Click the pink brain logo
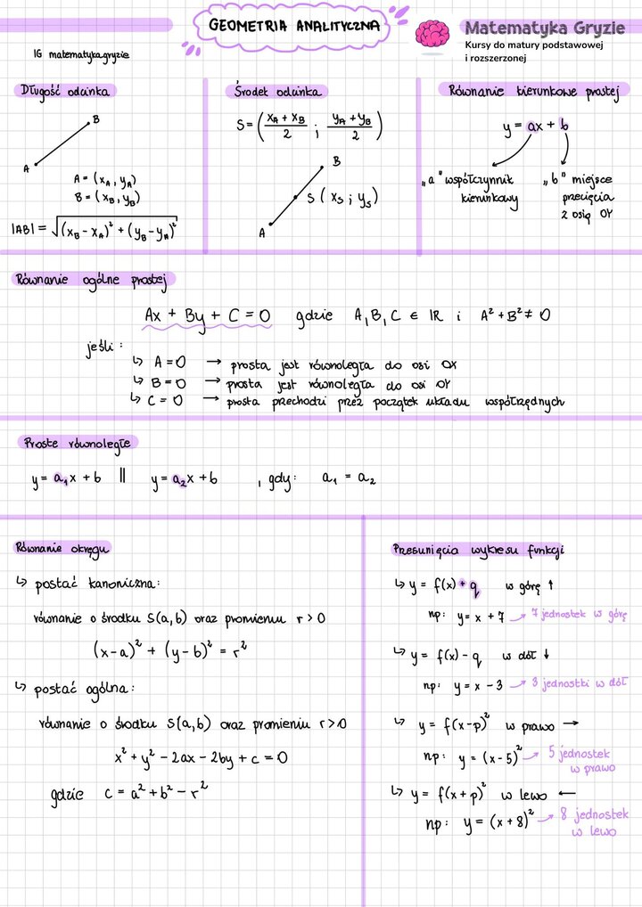click(x=433, y=34)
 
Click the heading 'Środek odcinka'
click(x=277, y=92)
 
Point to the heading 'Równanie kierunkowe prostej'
click(x=528, y=91)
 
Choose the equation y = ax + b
click(x=536, y=127)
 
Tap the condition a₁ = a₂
click(x=350, y=478)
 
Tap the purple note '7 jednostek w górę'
click(x=580, y=614)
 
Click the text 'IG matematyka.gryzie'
click(x=80, y=54)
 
